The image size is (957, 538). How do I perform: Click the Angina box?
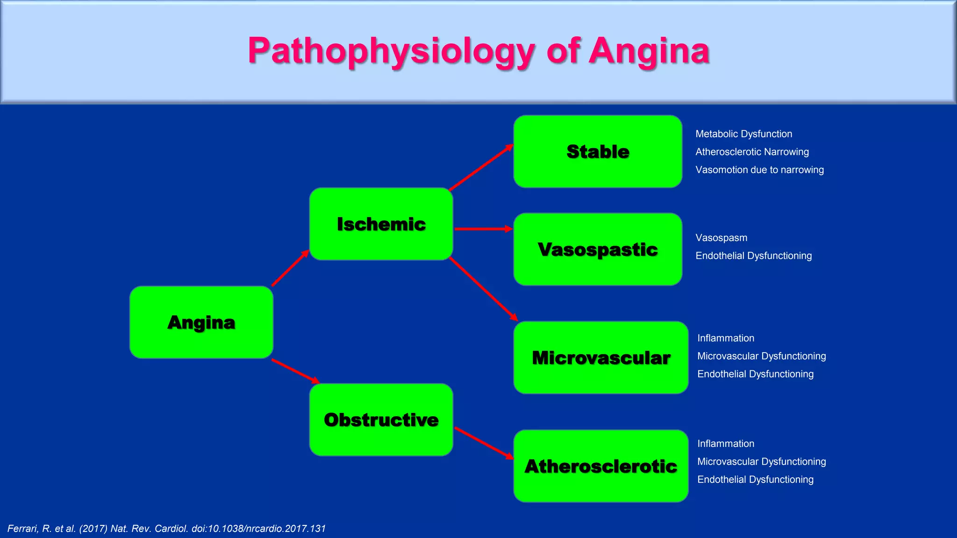click(201, 322)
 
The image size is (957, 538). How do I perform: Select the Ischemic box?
click(381, 224)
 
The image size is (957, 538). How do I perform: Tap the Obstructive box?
click(381, 420)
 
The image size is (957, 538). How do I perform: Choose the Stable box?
click(598, 152)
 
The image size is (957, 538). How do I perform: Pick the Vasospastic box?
click(598, 249)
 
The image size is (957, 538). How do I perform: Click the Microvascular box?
click(601, 358)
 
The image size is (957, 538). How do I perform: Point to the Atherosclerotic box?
click(601, 466)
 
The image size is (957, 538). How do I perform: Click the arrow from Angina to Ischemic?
click(290, 268)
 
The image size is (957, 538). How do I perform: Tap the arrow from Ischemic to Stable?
click(481, 167)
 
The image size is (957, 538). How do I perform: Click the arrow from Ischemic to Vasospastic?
click(483, 229)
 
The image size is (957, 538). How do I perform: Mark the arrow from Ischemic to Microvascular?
click(483, 289)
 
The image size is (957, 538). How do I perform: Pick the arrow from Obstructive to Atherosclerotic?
click(484, 443)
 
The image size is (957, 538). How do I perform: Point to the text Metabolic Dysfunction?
click(743, 134)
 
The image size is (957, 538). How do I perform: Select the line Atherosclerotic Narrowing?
click(752, 152)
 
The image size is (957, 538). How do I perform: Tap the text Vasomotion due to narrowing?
click(759, 170)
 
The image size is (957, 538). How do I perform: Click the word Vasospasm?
click(721, 238)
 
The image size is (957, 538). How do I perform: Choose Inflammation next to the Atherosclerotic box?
click(726, 444)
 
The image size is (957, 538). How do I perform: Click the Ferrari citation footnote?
click(166, 529)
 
